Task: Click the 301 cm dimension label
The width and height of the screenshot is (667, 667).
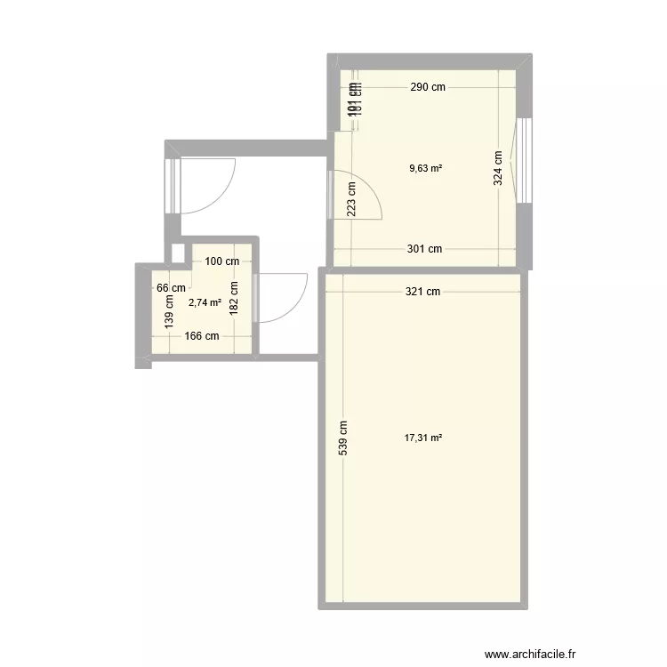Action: [424, 249]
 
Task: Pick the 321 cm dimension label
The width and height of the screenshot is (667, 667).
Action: [422, 291]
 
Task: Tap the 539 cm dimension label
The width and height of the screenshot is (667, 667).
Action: [343, 438]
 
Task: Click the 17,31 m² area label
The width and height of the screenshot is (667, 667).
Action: [423, 438]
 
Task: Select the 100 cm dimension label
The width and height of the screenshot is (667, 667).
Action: [222, 261]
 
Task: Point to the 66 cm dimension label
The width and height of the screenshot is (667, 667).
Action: [171, 287]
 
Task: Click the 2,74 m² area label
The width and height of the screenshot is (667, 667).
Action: [205, 302]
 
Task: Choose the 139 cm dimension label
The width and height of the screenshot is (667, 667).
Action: [168, 314]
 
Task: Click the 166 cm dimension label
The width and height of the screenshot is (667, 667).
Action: [201, 336]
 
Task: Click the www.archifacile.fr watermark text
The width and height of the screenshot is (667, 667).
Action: [525, 651]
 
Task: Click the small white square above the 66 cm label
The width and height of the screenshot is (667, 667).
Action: [177, 253]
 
